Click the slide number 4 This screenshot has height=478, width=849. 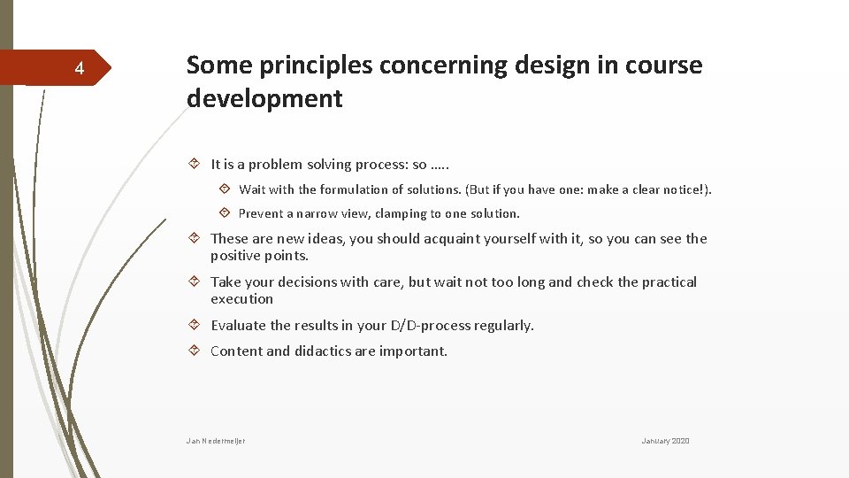click(79, 69)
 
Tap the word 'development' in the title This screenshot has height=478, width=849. click(264, 98)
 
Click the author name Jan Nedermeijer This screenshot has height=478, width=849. click(216, 441)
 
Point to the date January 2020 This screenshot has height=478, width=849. click(665, 441)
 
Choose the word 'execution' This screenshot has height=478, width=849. click(241, 299)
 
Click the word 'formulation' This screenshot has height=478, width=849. click(356, 189)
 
